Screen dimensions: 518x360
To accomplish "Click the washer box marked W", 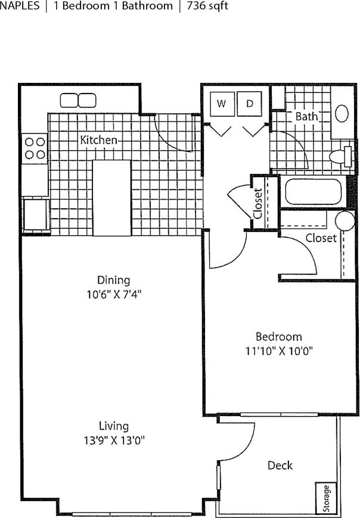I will pos(222,104).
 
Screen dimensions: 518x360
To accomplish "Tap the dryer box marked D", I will pos(250,104).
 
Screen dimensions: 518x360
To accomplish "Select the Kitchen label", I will pos(99,140).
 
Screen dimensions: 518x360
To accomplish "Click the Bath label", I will pos(306,117).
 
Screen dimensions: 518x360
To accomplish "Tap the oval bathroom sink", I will pos(342,113).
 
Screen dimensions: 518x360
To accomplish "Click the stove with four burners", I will pos(34,148).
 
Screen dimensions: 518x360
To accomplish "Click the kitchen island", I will pos(111,197).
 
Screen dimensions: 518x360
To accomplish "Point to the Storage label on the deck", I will pos(325,498).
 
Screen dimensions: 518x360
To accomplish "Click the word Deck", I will pos(280,465).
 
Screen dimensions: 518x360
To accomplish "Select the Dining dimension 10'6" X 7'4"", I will pos(113,293).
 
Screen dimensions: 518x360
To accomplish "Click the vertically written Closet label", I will pos(258,204).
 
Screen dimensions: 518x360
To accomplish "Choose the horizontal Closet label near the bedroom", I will pos(321,238).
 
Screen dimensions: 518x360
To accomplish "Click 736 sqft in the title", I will pos(207,7).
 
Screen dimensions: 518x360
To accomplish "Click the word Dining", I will pos(113,280).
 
